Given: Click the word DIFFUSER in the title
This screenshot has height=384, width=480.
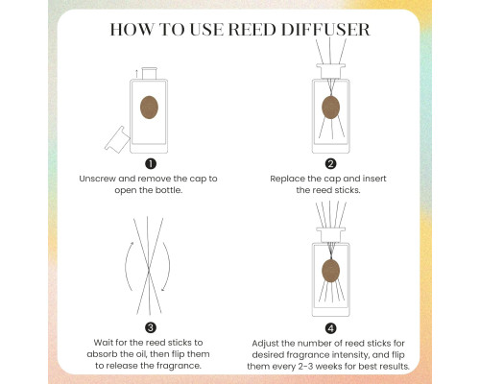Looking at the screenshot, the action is (x=325, y=30).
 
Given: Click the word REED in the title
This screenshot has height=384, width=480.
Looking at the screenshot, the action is (x=252, y=30).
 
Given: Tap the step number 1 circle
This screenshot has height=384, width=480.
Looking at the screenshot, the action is (x=151, y=164).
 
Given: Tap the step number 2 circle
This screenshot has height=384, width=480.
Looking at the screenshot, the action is (x=330, y=164).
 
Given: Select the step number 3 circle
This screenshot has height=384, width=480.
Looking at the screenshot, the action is (x=151, y=327).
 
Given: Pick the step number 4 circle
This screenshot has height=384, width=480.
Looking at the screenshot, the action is (x=330, y=328).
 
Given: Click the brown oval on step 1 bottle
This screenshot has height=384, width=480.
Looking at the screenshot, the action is (x=149, y=108).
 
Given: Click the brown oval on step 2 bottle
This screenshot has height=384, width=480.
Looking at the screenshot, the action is (x=330, y=108).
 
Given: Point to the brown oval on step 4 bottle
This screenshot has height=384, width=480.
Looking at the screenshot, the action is (x=330, y=271).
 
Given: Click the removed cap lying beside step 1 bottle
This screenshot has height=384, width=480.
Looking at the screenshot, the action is (x=117, y=140).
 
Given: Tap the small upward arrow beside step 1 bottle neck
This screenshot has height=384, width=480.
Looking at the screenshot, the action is (x=136, y=73).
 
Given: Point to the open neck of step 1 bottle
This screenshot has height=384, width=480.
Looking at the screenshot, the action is (x=149, y=73).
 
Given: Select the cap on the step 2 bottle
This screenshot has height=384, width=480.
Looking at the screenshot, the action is (x=330, y=71).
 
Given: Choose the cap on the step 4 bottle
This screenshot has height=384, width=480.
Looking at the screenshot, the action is (x=330, y=234).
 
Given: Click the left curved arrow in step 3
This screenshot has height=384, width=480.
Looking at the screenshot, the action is (x=126, y=266).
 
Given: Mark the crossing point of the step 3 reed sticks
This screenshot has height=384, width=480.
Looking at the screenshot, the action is (x=149, y=271).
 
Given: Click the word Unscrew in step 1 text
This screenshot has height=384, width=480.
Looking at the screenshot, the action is (x=97, y=179).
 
